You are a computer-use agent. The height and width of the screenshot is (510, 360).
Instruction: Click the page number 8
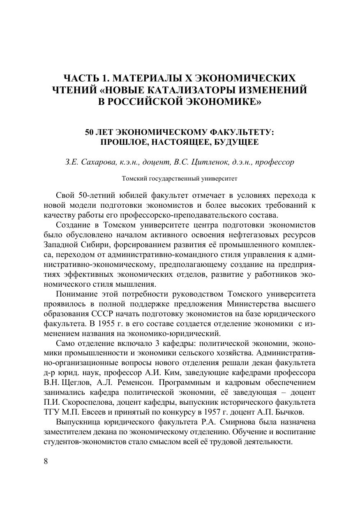click(x=46, y=461)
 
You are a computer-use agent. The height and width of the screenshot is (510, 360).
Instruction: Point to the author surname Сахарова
click(x=95, y=162)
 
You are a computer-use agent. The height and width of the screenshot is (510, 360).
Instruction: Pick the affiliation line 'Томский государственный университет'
click(x=180, y=179)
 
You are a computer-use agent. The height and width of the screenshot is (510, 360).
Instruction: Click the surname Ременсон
click(x=117, y=382)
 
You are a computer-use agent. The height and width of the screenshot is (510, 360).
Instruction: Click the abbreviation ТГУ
click(x=51, y=412)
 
